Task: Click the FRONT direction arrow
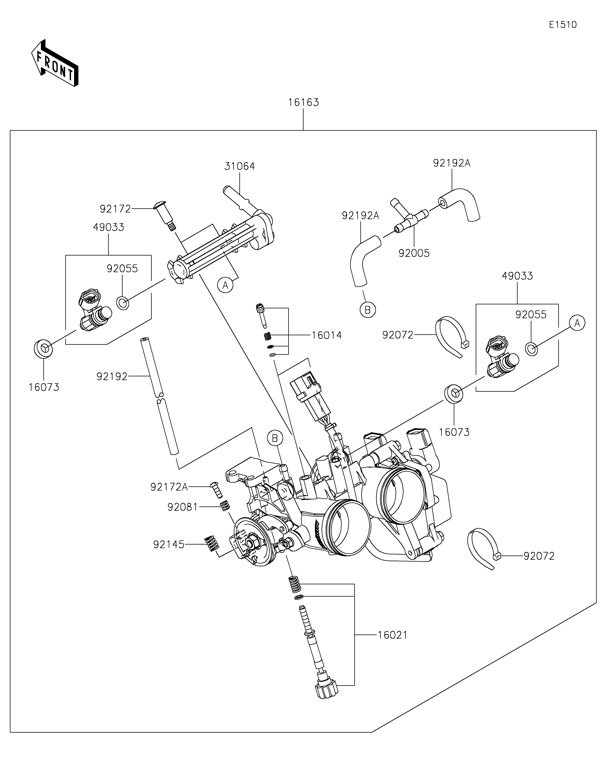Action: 55,63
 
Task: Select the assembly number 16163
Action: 304,102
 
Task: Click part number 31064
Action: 240,166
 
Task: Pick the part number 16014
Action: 326,336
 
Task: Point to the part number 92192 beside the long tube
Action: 112,377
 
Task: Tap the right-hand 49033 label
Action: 517,276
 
